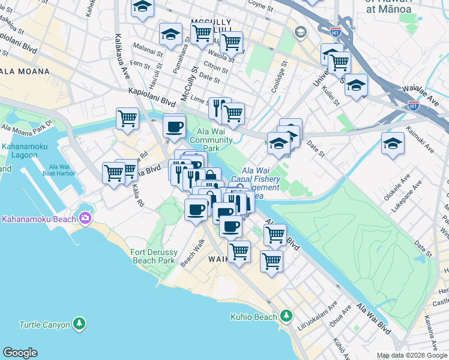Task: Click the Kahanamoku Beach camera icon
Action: [x=84, y=218]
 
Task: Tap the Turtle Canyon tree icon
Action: [x=79, y=325]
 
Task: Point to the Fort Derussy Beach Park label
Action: [x=153, y=257]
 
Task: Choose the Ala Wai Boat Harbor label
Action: [x=66, y=170]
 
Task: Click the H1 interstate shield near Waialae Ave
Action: [x=413, y=105]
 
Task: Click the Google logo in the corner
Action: [x=20, y=353]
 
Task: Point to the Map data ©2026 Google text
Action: [x=411, y=355]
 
